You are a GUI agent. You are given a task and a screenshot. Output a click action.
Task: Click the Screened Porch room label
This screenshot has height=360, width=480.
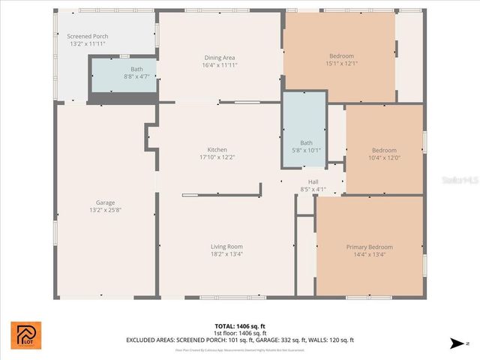pyautogui.click(x=87, y=36)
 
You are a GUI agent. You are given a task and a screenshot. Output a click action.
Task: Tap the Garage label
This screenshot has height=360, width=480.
pyautogui.click(x=105, y=202)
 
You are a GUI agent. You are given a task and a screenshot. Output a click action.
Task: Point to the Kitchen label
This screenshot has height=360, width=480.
pyautogui.click(x=217, y=149)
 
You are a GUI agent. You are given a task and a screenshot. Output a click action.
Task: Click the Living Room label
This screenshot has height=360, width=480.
pyautogui.click(x=226, y=246)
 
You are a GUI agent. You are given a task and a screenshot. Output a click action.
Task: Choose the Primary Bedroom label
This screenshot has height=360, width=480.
pyautogui.click(x=369, y=247)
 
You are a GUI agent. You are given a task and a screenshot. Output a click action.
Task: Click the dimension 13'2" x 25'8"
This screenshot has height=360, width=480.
pyautogui.click(x=105, y=210)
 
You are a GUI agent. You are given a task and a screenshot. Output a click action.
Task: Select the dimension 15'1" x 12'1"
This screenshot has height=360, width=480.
pyautogui.click(x=341, y=63)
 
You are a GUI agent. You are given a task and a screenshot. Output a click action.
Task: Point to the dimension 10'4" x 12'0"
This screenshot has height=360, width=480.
pyautogui.click(x=384, y=157)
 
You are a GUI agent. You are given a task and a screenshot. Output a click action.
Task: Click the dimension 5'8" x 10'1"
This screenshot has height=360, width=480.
pyautogui.click(x=306, y=149)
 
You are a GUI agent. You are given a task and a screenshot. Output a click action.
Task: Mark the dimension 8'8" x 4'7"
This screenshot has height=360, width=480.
pyautogui.click(x=136, y=76)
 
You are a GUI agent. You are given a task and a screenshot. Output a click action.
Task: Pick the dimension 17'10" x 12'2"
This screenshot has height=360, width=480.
pyautogui.click(x=217, y=157)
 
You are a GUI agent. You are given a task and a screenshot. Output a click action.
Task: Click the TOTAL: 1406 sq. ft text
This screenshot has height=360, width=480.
pyautogui.click(x=239, y=325)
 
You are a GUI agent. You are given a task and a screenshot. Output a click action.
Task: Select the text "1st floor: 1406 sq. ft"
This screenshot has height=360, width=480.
pyautogui.click(x=239, y=332)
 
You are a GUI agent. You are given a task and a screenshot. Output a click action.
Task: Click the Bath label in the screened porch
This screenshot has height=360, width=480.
pyautogui.click(x=136, y=69)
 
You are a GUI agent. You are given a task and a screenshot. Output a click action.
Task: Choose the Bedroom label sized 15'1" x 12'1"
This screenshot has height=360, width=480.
pyautogui.click(x=341, y=55)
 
